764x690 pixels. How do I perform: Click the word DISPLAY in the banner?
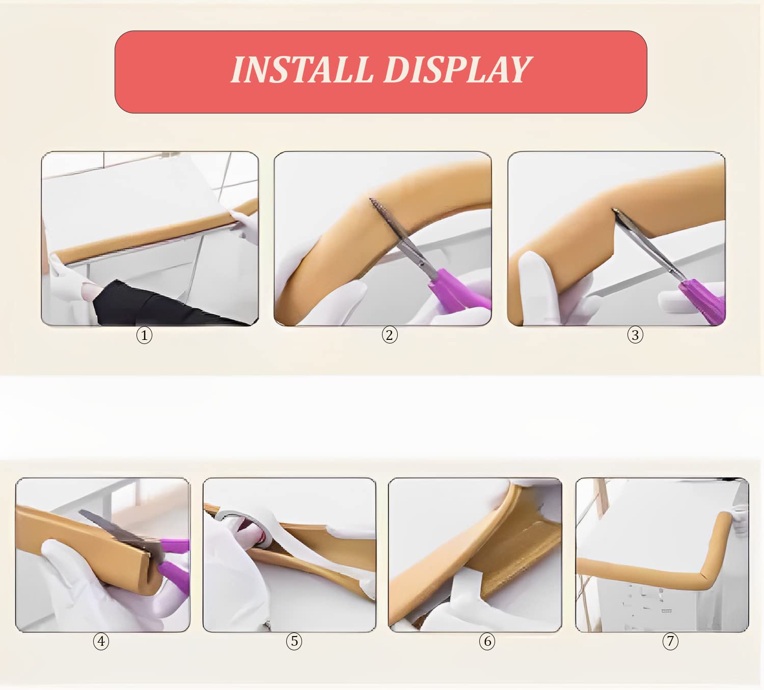click(x=457, y=70)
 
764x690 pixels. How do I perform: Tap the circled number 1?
click(x=144, y=336)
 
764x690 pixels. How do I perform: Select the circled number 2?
click(x=390, y=335)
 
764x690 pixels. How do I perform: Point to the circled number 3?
click(x=635, y=335)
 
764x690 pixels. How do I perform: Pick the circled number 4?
click(x=101, y=641)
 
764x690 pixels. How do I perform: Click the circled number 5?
click(x=294, y=641)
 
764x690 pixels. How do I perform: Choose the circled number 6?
click(x=487, y=641)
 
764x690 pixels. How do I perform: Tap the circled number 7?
click(x=670, y=641)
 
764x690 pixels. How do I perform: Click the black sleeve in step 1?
click(x=160, y=304)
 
